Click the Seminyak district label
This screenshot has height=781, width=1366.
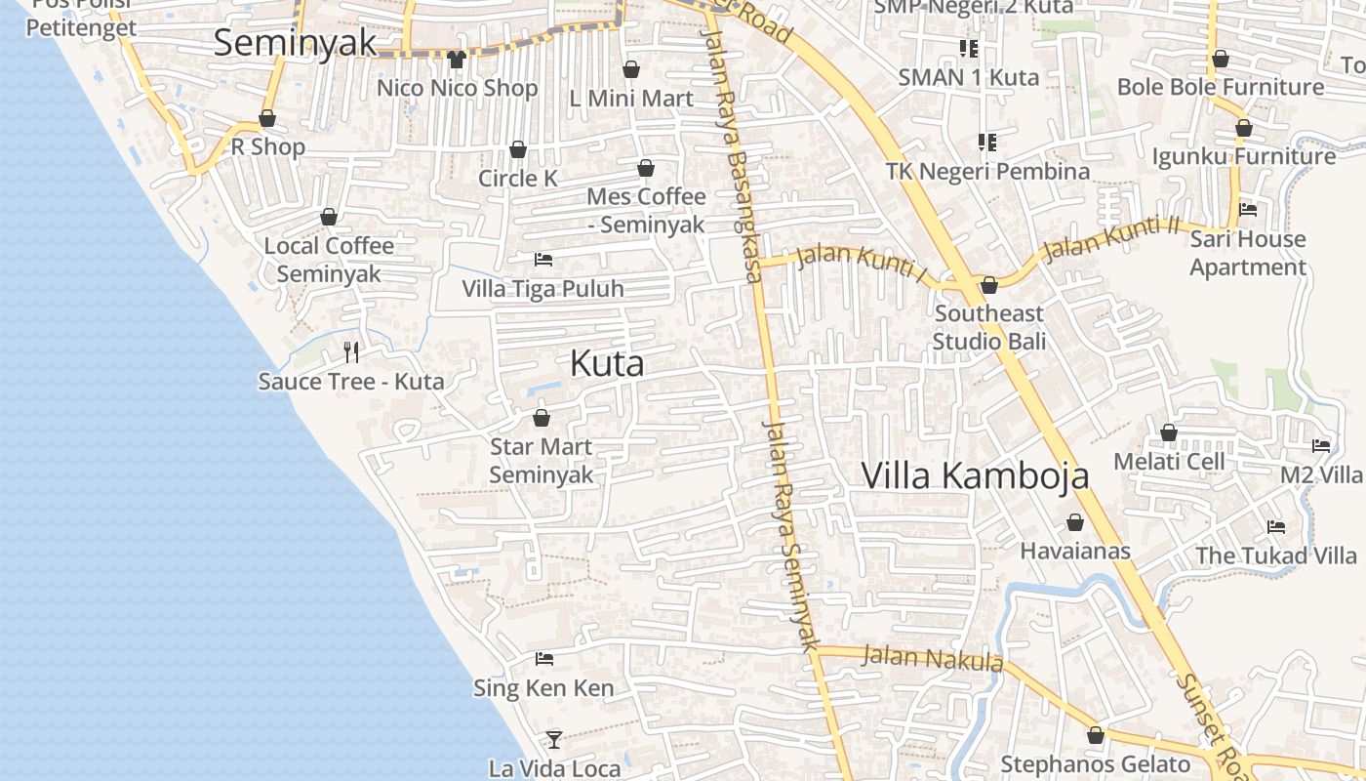point(295,43)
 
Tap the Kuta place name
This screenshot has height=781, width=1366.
point(607,364)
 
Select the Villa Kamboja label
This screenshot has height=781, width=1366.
point(975,475)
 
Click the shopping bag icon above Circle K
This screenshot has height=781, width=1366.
point(518,149)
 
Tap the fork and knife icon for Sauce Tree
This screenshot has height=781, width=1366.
point(351,351)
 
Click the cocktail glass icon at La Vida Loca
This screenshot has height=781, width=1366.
point(554,739)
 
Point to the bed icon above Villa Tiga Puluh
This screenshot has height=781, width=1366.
point(543,260)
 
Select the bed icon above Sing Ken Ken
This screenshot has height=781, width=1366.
point(544,659)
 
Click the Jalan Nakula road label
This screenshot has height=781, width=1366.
point(932,659)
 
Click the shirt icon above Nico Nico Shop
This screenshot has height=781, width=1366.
point(456,59)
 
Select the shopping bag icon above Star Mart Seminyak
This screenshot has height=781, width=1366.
point(542,418)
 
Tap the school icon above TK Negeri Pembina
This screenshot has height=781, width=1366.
point(987,143)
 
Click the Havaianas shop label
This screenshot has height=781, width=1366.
point(1075,551)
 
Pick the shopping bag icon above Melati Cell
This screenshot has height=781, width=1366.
point(1169,432)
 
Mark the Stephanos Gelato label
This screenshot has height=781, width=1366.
point(1096,763)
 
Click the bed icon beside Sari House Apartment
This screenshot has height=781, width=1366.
point(1247,209)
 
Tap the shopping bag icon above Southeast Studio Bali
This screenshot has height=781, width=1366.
point(989,285)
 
